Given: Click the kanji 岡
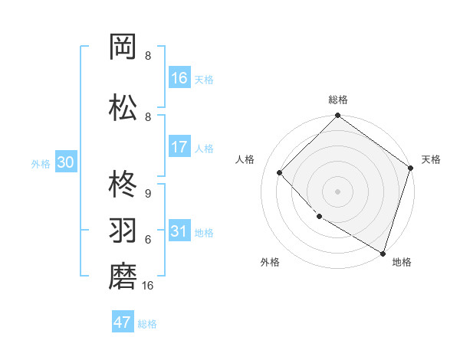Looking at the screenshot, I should click(x=124, y=47).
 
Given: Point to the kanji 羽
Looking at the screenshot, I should click(x=124, y=229).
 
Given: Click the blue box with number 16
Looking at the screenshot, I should click(x=179, y=78).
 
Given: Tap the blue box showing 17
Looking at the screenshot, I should click(x=179, y=147).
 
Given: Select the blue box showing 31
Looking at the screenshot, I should click(x=179, y=232).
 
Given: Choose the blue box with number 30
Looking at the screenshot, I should click(x=65, y=163).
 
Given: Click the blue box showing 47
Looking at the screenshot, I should click(x=123, y=322).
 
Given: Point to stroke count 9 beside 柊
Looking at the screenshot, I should click(x=147, y=194).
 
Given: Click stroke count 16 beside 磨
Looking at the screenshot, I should click(x=148, y=285).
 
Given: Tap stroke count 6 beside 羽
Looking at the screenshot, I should click(x=147, y=239).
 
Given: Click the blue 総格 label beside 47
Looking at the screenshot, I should click(x=147, y=324).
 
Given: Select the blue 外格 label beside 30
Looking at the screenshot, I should click(x=41, y=164).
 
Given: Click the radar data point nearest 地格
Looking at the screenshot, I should click(x=382, y=252).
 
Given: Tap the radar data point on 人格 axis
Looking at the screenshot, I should click(x=280, y=172).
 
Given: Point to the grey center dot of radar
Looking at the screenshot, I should click(x=337, y=191).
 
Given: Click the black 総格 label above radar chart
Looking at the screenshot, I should click(x=337, y=100).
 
